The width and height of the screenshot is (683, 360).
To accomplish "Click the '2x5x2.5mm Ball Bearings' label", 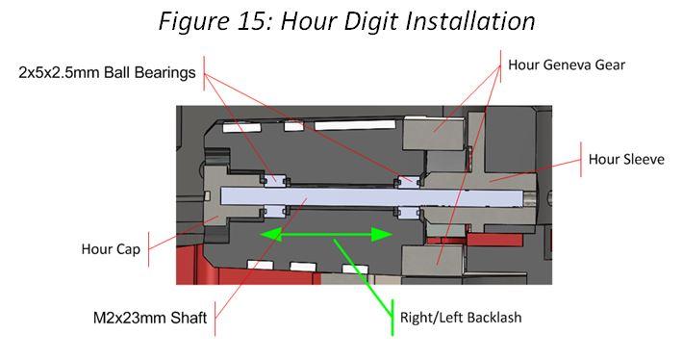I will pyautogui.click(x=107, y=71).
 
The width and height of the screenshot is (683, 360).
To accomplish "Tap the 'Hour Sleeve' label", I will pyautogui.click(x=625, y=159).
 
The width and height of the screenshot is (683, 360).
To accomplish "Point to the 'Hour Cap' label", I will pyautogui.click(x=112, y=249).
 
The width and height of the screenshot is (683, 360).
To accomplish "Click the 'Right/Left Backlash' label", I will pyautogui.click(x=460, y=317).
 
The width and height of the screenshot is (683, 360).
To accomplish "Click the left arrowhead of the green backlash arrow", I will pyautogui.click(x=262, y=233).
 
